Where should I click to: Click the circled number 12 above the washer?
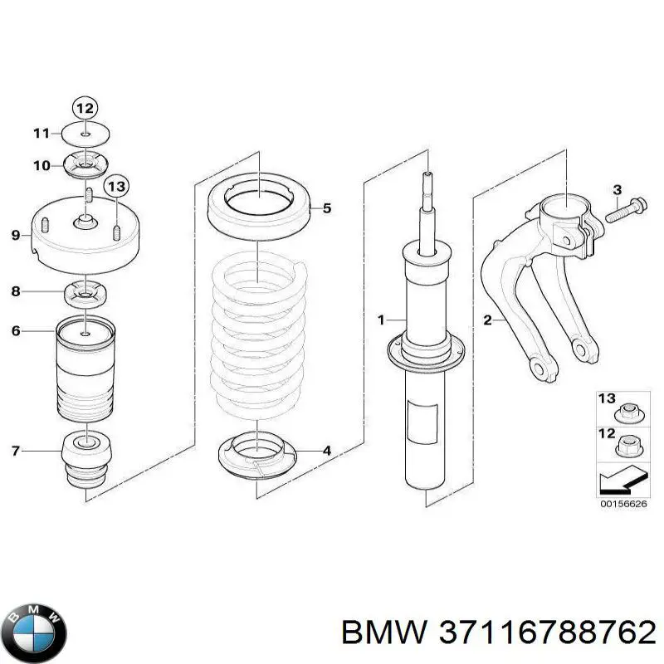click(x=85, y=108)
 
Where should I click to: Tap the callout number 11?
click(x=41, y=133)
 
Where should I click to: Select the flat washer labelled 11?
click(x=86, y=133)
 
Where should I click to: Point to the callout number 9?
click(x=15, y=236)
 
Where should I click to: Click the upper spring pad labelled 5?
click(x=259, y=207)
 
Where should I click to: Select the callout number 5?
click(x=327, y=208)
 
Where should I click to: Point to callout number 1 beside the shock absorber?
click(x=381, y=320)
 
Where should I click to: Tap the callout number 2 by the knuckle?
click(x=487, y=320)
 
